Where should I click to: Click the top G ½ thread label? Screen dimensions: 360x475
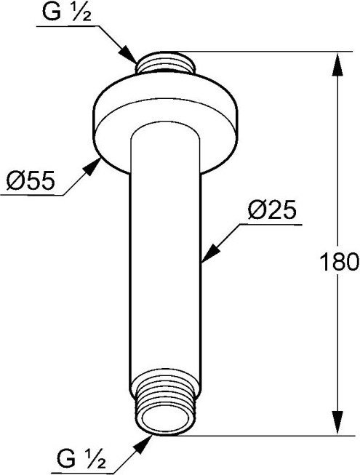coord(67,12)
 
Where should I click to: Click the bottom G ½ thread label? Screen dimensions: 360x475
coord(81,460)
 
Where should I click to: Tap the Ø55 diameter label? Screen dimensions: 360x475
coord(31,181)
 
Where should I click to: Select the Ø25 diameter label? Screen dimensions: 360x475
coord(271,210)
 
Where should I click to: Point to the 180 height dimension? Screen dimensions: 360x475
coord(339,262)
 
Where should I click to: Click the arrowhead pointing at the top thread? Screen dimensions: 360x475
coord(128,55)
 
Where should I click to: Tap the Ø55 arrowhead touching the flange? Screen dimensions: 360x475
coord(92,167)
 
